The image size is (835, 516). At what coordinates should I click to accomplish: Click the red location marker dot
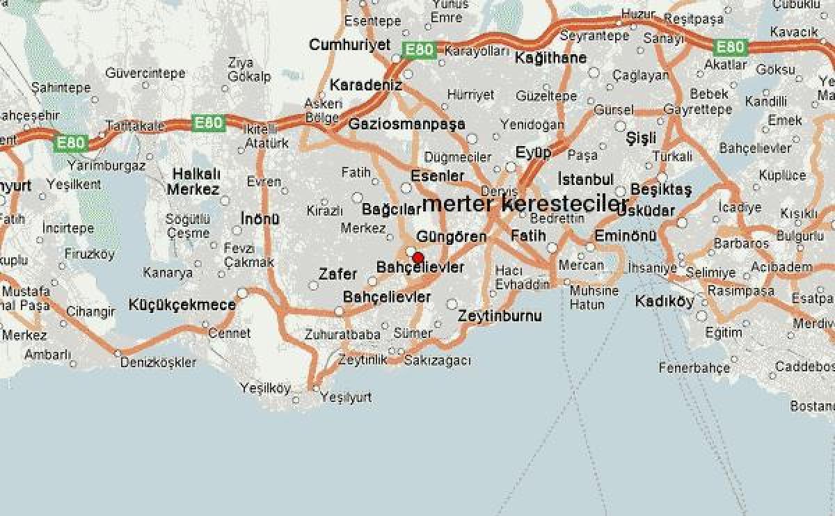coord(417,257)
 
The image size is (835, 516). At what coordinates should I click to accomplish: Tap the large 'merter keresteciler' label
coord(525,204)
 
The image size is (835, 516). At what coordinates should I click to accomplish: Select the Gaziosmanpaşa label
coord(406,124)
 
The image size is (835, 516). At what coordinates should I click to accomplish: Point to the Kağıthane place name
coord(550,58)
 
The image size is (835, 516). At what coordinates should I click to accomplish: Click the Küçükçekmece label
coord(182,305)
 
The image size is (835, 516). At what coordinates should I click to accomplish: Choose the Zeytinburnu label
coord(500,316)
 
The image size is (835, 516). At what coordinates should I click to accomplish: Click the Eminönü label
coord(626,236)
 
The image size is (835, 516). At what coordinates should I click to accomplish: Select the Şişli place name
coord(641,138)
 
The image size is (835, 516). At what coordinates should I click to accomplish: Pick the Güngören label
coord(451,236)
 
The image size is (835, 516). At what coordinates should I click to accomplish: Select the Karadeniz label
coord(366,85)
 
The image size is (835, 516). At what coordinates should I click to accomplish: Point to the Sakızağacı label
coord(437,360)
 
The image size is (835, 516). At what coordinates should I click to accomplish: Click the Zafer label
coord(337,274)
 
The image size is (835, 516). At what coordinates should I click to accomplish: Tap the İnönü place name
coord(260,218)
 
